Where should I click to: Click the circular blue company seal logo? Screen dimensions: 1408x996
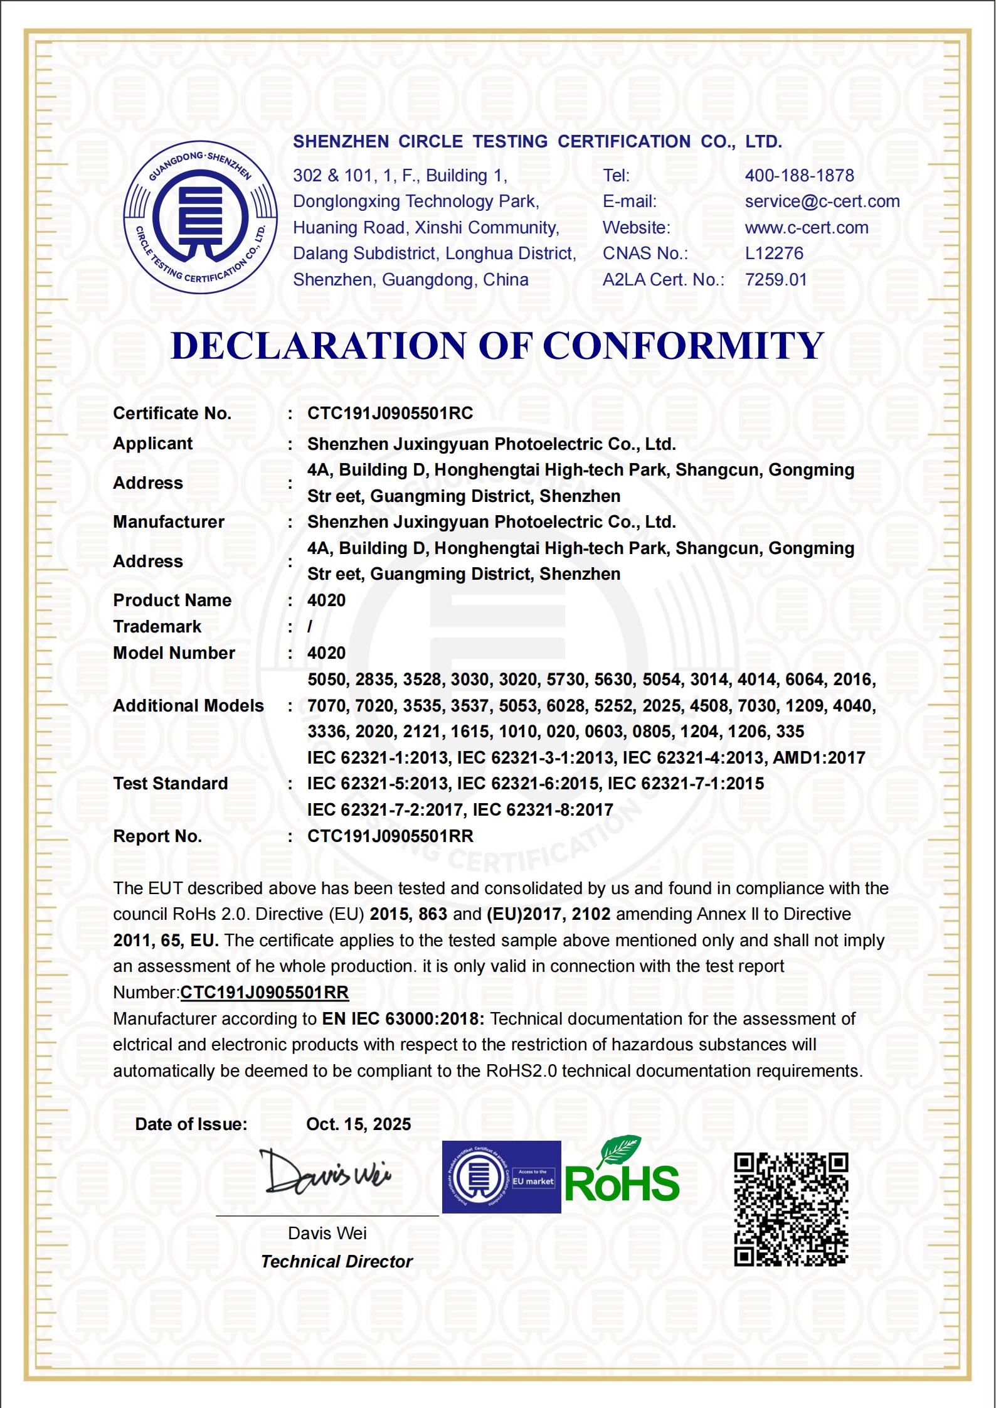[200, 217]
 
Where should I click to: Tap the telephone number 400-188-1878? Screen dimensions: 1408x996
[799, 176]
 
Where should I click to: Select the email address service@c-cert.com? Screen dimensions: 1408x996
[822, 201]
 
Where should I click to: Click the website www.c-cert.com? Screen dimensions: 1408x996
[806, 228]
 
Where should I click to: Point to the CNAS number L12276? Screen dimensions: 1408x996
[773, 253]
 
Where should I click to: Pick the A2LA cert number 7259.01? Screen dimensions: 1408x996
[775, 280]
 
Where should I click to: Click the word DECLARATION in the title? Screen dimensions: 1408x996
[319, 346]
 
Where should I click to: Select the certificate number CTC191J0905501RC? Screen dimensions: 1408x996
[389, 413]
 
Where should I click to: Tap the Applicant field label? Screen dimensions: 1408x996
[152, 444]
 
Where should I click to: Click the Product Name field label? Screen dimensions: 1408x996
[172, 600]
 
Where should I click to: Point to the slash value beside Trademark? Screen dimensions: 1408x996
[310, 627]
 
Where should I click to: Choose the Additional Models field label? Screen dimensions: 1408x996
[188, 706]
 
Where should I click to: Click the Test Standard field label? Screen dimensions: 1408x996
[170, 784]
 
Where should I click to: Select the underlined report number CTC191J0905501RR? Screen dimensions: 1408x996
[264, 993]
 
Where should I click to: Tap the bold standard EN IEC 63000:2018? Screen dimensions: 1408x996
[403, 1019]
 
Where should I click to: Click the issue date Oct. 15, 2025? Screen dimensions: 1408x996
[358, 1124]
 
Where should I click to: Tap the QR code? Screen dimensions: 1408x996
[791, 1209]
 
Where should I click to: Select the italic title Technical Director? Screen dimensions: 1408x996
[336, 1262]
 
